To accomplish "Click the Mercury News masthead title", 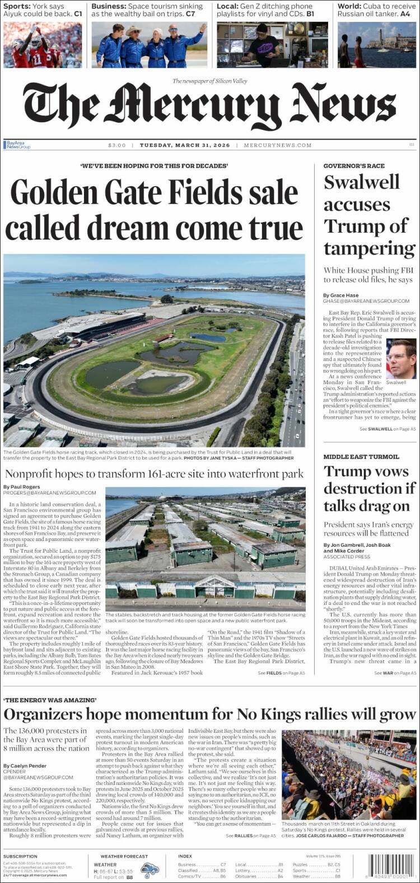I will pyautogui.click(x=209, y=107).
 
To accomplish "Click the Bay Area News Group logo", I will pyautogui.click(x=17, y=145).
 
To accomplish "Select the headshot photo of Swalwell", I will pyautogui.click(x=401, y=359).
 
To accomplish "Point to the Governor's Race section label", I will pyautogui.click(x=354, y=166).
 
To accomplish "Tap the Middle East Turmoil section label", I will pyautogui.click(x=361, y=457).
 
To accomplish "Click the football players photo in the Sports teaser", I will pyautogui.click(x=43, y=45).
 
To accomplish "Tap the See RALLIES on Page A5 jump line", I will pyautogui.click(x=251, y=836).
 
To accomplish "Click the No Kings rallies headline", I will pyautogui.click(x=209, y=714).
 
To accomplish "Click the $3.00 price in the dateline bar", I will pyautogui.click(x=117, y=145).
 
